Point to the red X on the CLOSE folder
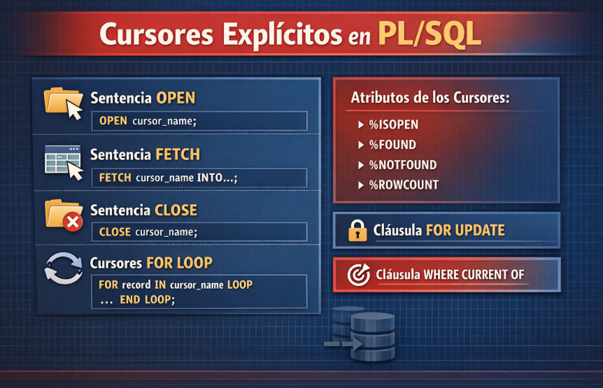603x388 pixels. [x=73, y=222]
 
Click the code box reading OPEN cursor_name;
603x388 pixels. [x=199, y=121]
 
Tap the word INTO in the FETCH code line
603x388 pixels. [x=211, y=178]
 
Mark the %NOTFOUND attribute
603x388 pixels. [x=402, y=165]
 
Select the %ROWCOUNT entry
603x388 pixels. [x=403, y=185]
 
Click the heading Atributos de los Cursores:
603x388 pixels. [x=430, y=98]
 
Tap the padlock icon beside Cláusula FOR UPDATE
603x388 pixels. [x=357, y=230]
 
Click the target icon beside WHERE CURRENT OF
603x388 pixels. [x=358, y=275]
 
